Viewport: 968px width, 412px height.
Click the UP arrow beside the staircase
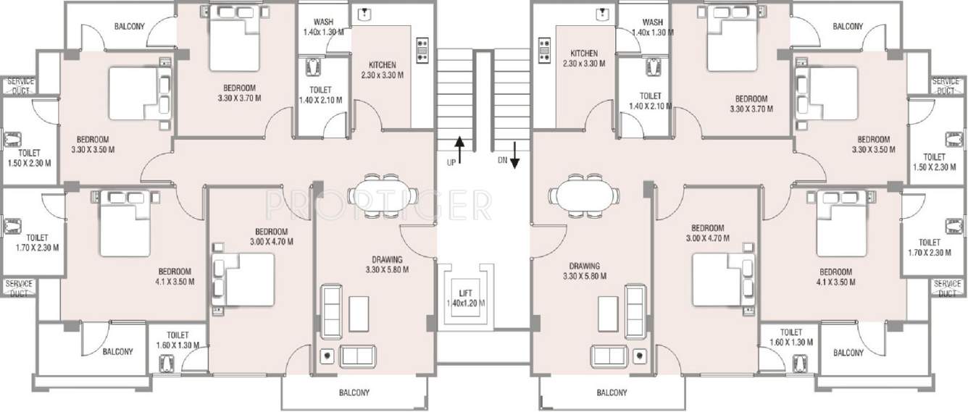(458, 144)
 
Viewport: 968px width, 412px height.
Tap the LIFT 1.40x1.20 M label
(466, 298)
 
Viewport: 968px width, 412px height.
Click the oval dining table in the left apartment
(383, 195)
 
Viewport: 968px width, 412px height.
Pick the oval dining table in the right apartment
(584, 195)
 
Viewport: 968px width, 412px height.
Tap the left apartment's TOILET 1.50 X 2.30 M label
(29, 158)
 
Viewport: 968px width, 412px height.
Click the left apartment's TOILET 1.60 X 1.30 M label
(178, 340)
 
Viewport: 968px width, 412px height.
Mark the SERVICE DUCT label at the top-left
(20, 85)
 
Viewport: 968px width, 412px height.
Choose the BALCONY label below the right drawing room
(612, 393)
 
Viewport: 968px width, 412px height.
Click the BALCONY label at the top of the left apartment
(130, 27)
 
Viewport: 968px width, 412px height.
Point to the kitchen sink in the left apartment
(366, 14)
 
